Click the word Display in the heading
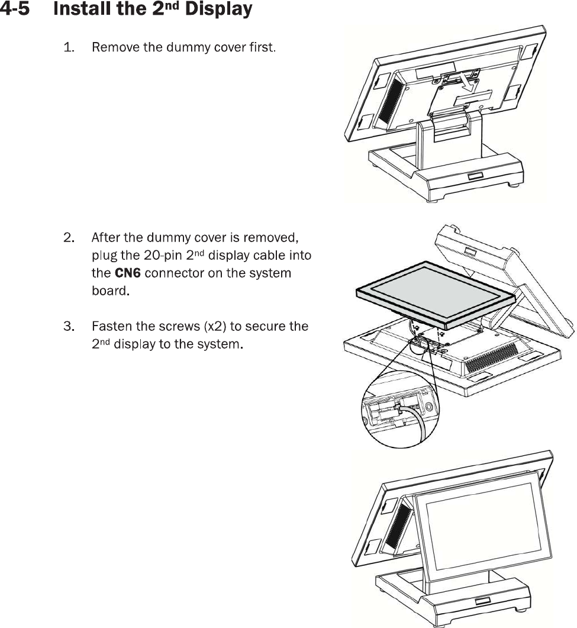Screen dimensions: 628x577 tap(219, 10)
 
